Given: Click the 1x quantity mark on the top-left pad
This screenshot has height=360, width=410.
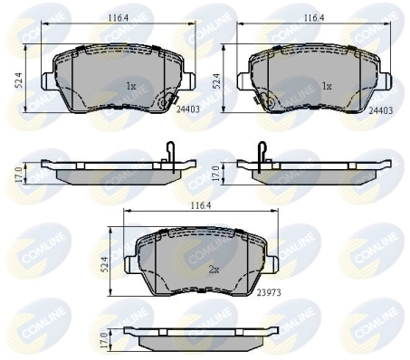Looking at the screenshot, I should coord(130,87).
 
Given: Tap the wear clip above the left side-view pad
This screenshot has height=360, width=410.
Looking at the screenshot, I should coord(171,155).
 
